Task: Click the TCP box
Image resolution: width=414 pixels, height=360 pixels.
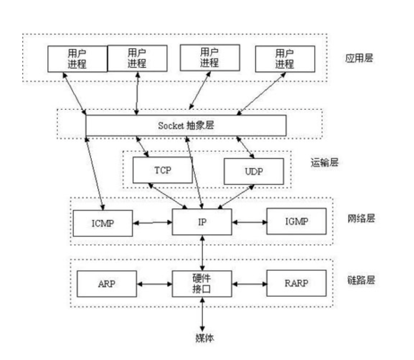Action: pyautogui.click(x=163, y=170)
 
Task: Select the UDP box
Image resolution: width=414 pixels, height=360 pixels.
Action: pyautogui.click(x=254, y=171)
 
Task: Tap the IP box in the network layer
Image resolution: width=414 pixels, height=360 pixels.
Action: pyautogui.click(x=202, y=222)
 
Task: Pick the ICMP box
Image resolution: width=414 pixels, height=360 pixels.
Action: pyautogui.click(x=103, y=223)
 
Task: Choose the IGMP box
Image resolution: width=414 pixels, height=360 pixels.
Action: pyautogui.click(x=296, y=221)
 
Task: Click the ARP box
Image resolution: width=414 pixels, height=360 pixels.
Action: pyautogui.click(x=107, y=284)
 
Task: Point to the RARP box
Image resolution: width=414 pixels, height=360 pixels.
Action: pyautogui.click(x=296, y=283)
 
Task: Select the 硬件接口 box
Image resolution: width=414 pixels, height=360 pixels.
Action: pyautogui.click(x=202, y=284)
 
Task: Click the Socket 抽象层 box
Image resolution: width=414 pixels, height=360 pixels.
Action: pyautogui.click(x=186, y=125)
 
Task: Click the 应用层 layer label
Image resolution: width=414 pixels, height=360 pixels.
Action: pyautogui.click(x=359, y=58)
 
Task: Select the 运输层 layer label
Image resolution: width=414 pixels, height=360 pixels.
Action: pyautogui.click(x=325, y=163)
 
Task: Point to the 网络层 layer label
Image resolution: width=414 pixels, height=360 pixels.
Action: pyautogui.click(x=361, y=219)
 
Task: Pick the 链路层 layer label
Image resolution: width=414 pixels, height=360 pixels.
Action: pyautogui.click(x=361, y=280)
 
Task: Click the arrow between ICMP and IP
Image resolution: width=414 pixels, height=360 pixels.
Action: pyautogui.click(x=152, y=223)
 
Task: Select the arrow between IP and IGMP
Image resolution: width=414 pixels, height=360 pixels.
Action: pyautogui.click(x=249, y=222)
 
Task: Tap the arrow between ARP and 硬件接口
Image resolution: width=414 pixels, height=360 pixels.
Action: pyautogui.click(x=154, y=284)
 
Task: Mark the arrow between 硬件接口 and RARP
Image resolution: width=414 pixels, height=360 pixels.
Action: pyautogui.click(x=249, y=284)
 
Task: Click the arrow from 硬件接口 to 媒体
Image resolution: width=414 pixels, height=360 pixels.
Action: pyautogui.click(x=202, y=314)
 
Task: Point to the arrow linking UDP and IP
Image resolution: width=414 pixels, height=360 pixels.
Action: pyautogui.click(x=236, y=197)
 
